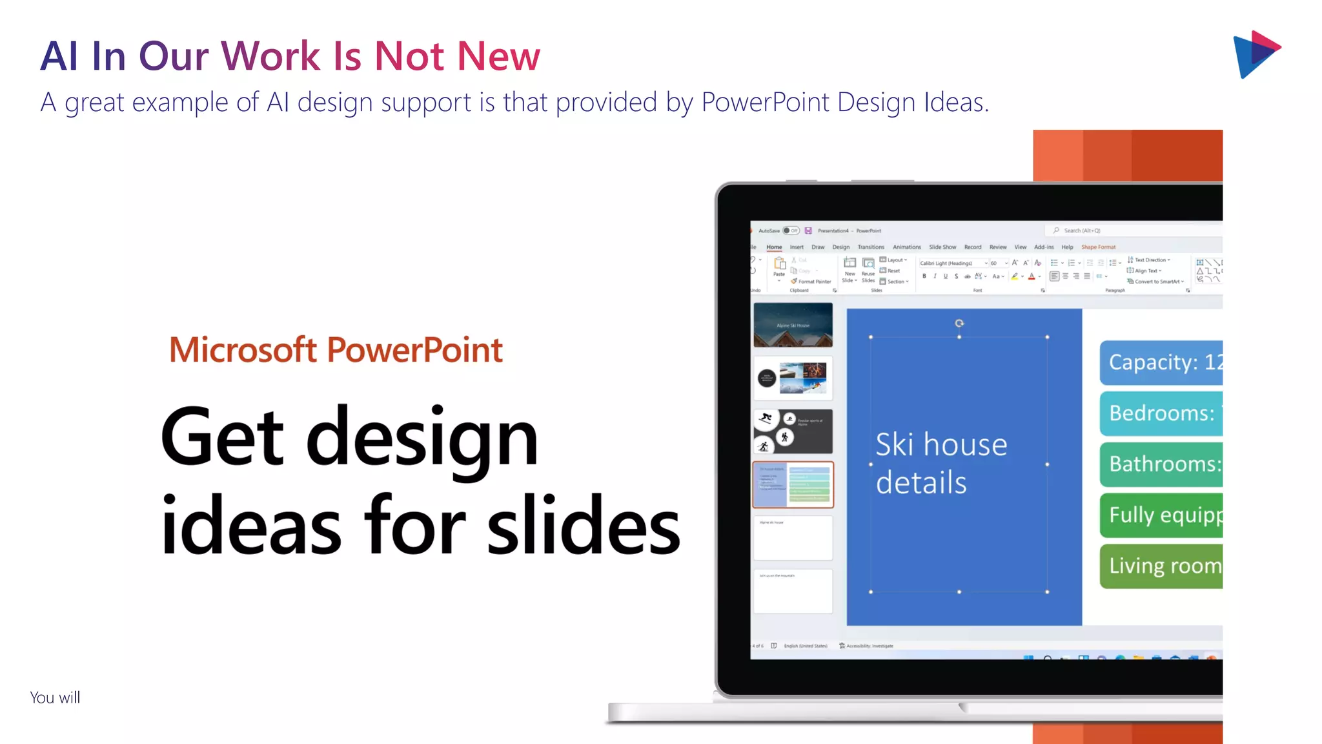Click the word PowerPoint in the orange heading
pyautogui.click(x=414, y=350)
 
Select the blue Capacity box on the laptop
pyautogui.click(x=1161, y=362)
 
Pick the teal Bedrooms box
pyautogui.click(x=1161, y=413)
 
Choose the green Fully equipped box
pyautogui.click(x=1161, y=515)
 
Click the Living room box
pyautogui.click(x=1161, y=566)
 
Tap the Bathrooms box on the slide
pyautogui.click(x=1161, y=464)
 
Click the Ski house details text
pyautogui.click(x=941, y=463)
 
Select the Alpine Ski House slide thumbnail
pyautogui.click(x=793, y=325)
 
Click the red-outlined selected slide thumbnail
pyautogui.click(x=793, y=484)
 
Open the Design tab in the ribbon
pyautogui.click(x=840, y=247)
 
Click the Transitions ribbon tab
pyautogui.click(x=871, y=247)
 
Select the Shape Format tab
pyautogui.click(x=1098, y=247)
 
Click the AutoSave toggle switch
pyautogui.click(x=791, y=231)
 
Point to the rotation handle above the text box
pyautogui.click(x=959, y=323)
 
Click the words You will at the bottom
pyautogui.click(x=55, y=697)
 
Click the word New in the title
pyautogui.click(x=498, y=56)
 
